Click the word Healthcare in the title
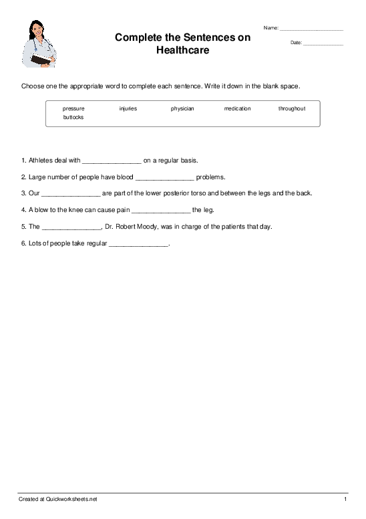pos(182,50)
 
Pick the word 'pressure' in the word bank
pos(73,108)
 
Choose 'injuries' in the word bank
pos(128,108)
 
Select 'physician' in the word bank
pos(182,108)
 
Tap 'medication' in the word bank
pos(237,108)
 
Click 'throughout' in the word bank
pos(292,108)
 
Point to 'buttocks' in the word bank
pos(73,117)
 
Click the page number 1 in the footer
pos(345,500)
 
